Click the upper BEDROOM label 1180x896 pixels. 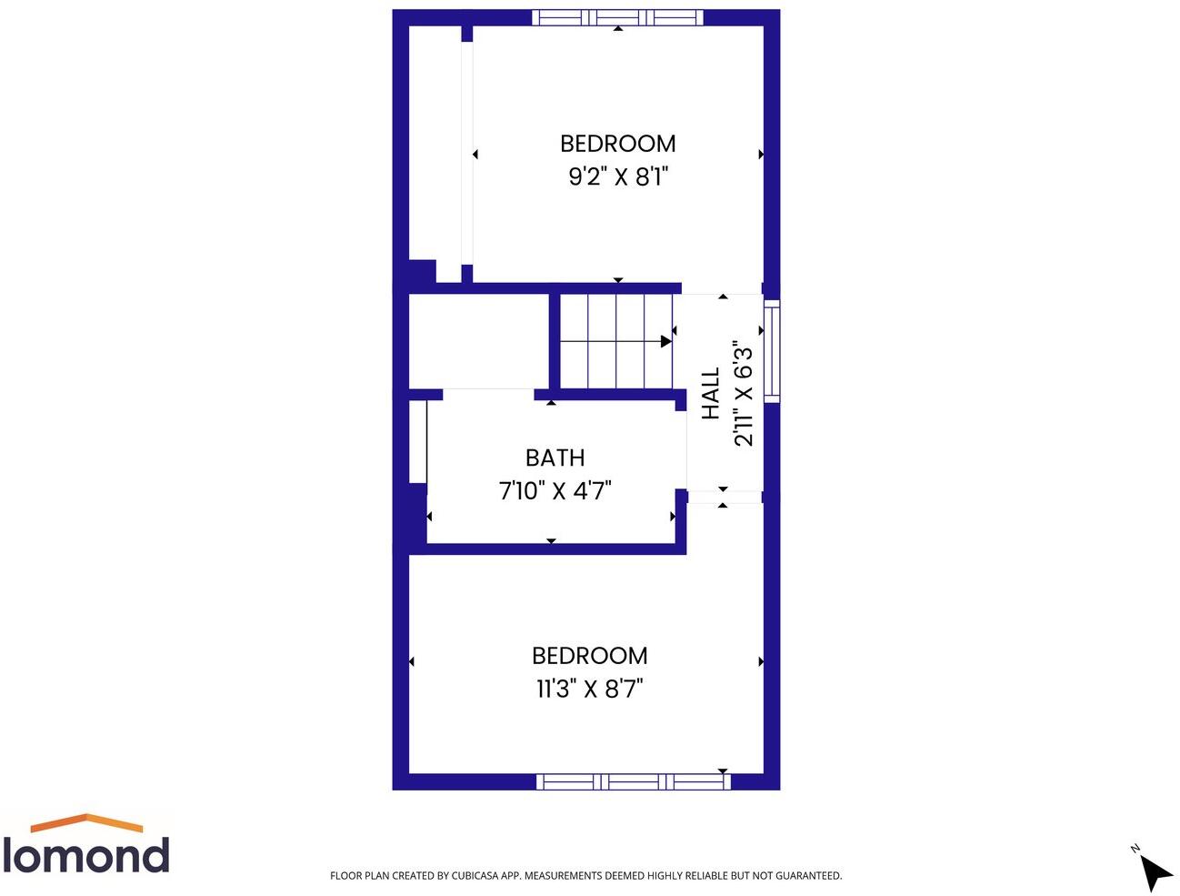tap(617, 144)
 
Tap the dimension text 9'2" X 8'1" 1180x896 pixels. tap(618, 176)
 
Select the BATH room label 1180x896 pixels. tap(555, 458)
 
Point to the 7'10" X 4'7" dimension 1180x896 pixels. tap(555, 491)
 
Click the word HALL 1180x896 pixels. tap(711, 393)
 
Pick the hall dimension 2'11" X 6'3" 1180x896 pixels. tap(744, 393)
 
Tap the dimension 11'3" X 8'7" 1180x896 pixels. tap(589, 689)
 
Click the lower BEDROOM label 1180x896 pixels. tap(589, 656)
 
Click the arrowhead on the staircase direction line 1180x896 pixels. tap(666, 341)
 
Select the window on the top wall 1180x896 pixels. tap(617, 17)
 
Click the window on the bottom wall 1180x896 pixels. tap(633, 781)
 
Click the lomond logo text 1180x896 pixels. tap(85, 855)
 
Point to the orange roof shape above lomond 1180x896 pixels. tap(86, 822)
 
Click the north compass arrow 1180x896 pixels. tap(1155, 872)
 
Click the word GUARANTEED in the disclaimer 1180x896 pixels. tap(808, 876)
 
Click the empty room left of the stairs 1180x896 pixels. tap(478, 341)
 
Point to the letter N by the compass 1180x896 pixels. tap(1135, 849)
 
